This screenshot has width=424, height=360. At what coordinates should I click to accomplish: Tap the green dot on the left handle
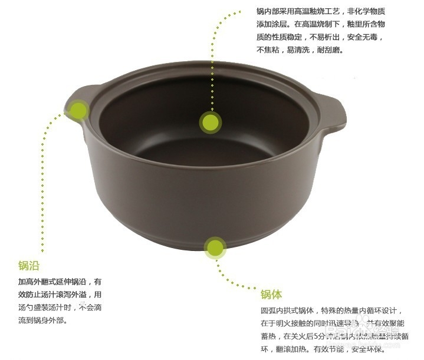coord(78,109)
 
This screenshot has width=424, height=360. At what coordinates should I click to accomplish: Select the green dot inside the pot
coord(210,123)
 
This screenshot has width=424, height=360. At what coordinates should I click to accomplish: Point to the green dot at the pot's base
coord(215,248)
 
